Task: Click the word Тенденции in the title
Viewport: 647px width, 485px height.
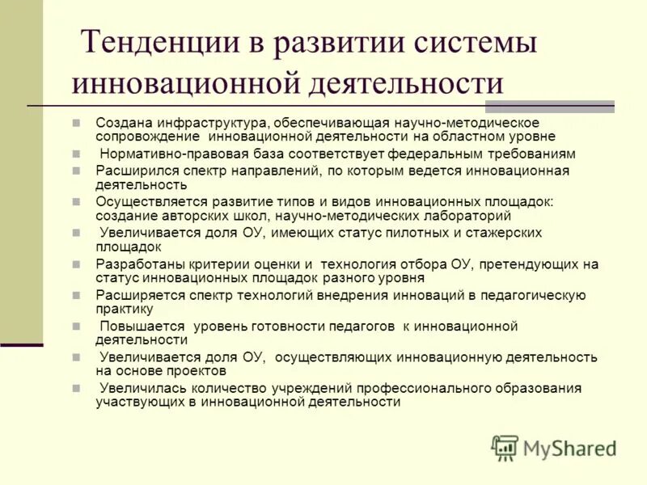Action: [x=155, y=42]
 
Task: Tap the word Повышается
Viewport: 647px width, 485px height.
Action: [x=142, y=326]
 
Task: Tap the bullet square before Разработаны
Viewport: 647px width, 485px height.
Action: [x=76, y=264]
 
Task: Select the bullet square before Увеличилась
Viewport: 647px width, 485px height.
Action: [x=76, y=388]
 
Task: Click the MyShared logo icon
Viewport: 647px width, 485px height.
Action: [x=505, y=447]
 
